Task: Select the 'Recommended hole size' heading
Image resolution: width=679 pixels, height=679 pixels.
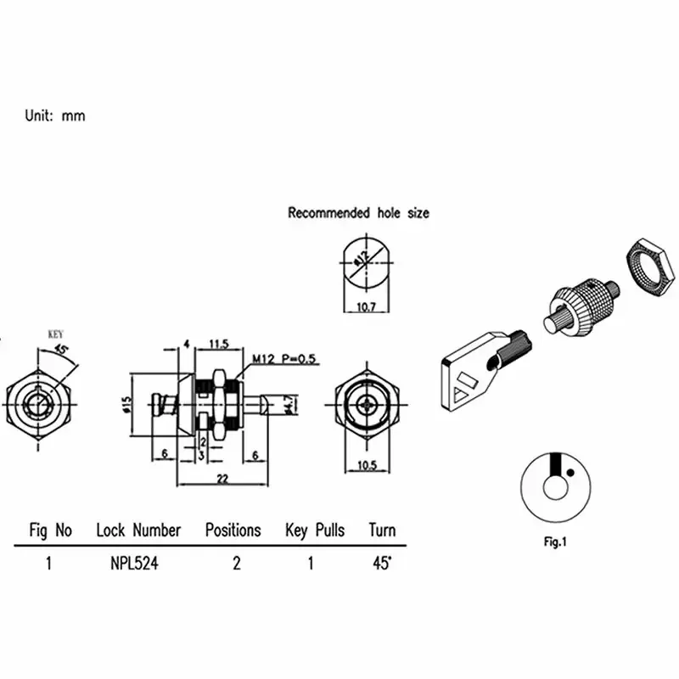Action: (x=358, y=213)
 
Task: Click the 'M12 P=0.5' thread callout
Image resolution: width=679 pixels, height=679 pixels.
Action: (x=282, y=360)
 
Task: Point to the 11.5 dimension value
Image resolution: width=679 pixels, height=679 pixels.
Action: (x=219, y=345)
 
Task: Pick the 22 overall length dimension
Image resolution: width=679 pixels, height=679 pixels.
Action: (x=222, y=480)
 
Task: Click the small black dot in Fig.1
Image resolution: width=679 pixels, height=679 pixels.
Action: (x=572, y=472)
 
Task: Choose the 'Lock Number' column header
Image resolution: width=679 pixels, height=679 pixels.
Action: (x=138, y=530)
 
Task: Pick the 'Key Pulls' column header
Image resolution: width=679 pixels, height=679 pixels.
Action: (x=315, y=530)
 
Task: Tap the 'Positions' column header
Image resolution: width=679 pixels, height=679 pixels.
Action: (x=233, y=530)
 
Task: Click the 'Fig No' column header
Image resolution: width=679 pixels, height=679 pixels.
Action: (x=51, y=530)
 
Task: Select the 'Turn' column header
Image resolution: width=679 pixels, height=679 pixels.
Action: (x=382, y=530)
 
